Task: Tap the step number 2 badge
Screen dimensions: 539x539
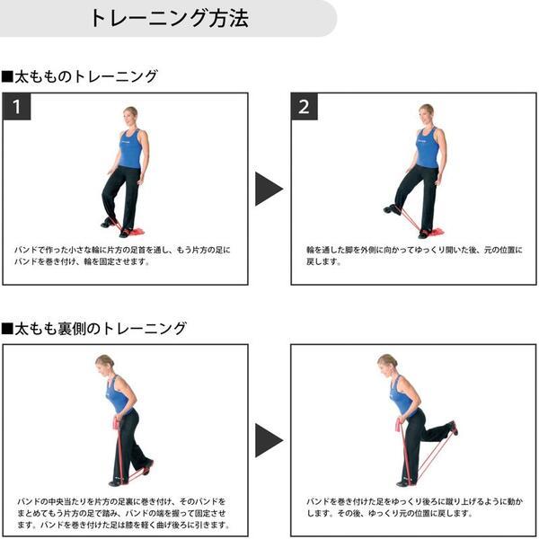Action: [304, 107]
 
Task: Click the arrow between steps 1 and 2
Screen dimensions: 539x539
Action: [268, 189]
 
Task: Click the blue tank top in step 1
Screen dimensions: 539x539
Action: [131, 148]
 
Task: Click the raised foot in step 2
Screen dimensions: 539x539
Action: [392, 209]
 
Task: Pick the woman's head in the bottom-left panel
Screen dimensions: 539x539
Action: [103, 363]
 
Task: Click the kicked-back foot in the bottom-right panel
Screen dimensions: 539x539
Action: [454, 428]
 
